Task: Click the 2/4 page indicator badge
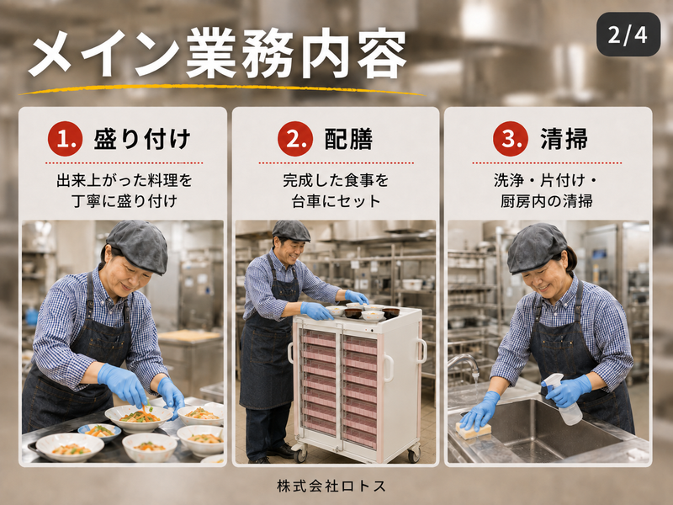pos(628,35)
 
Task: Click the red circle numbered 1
pos(65,139)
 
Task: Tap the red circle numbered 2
pos(295,139)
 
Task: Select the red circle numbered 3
pos(511,139)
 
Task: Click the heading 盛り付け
pos(142,139)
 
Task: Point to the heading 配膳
pos(348,139)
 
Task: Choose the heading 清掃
pos(564,139)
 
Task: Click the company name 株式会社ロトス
pos(331,486)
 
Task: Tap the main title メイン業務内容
pos(218,53)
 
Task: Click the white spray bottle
pos(564,399)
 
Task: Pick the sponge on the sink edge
pos(473,430)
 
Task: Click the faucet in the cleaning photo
pos(465,365)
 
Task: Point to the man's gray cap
pos(291,230)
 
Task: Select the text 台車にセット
pos(336,201)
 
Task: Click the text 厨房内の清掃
pos(546,201)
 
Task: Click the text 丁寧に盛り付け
pos(125,201)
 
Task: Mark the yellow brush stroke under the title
pos(221,89)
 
